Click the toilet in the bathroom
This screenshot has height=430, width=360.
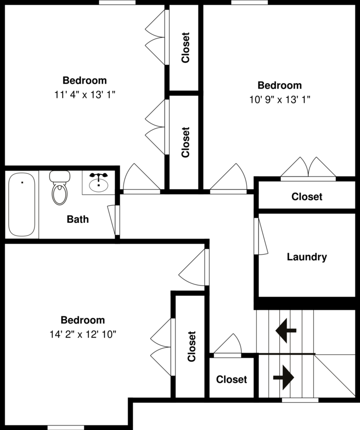pos(60,188)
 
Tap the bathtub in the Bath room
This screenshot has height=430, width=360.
pos(22,205)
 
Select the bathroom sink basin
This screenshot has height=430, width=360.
pos(98,184)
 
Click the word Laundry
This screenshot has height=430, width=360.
pos(307,257)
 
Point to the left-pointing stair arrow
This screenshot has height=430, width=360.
pos(286,330)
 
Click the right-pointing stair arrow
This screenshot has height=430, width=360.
pos(283,378)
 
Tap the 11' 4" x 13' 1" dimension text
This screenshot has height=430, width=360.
pos(85,95)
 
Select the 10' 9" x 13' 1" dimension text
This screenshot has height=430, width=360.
pos(280,100)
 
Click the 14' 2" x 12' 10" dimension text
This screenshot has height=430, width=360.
pos(83,334)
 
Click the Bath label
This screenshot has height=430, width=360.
pos(78,220)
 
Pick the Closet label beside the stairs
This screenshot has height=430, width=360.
pos(231,379)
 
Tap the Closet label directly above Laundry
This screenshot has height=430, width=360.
pos(307,196)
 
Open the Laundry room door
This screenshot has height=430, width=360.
pos(260,236)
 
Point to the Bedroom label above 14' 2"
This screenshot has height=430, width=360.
pos(82,320)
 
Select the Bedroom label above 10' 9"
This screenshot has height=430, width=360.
pos(280,85)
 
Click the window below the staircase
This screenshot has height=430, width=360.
pos(300,400)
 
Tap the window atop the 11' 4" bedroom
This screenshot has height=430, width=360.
pos(117,3)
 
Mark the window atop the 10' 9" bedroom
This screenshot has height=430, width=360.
pos(249,3)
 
